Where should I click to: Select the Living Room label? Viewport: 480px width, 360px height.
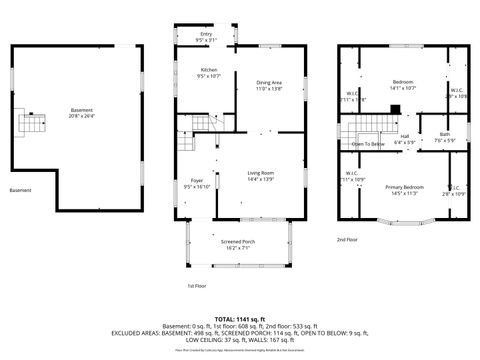(261, 173)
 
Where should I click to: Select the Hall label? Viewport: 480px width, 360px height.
(405, 136)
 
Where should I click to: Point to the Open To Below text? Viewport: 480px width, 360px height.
(368, 144)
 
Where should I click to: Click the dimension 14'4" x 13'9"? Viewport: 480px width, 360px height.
(261, 179)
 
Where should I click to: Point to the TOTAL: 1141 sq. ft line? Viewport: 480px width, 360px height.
(240, 317)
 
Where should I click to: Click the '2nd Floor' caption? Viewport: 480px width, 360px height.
(347, 240)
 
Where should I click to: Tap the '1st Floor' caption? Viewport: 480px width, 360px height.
(197, 286)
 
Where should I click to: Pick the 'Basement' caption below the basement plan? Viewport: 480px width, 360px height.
(20, 190)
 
